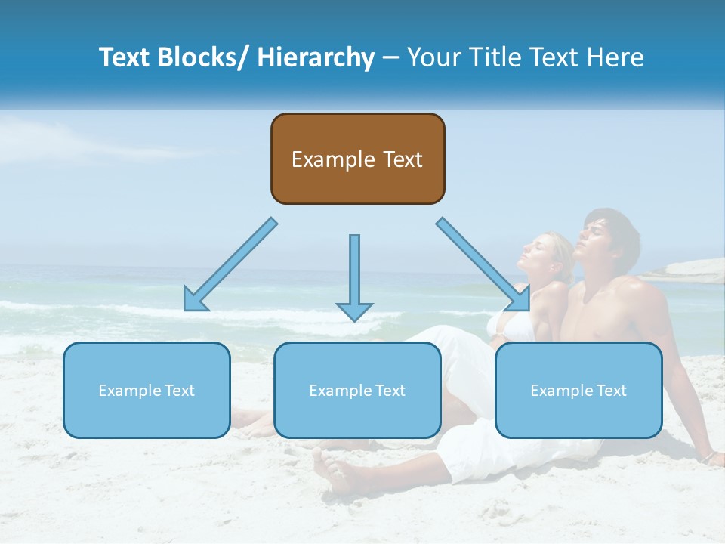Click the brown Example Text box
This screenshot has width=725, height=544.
click(x=357, y=159)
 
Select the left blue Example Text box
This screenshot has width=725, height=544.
click(x=147, y=390)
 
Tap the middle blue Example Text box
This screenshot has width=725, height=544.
click(x=357, y=390)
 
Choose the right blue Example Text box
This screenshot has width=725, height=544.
click(x=578, y=390)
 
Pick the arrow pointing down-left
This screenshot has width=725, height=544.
click(x=230, y=265)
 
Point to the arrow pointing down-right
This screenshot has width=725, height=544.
click(x=484, y=264)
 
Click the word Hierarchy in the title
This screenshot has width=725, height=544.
click(x=316, y=57)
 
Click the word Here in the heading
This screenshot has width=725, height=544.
click(x=617, y=57)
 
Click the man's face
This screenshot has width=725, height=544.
click(x=596, y=243)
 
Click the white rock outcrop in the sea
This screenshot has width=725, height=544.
click(x=687, y=271)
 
